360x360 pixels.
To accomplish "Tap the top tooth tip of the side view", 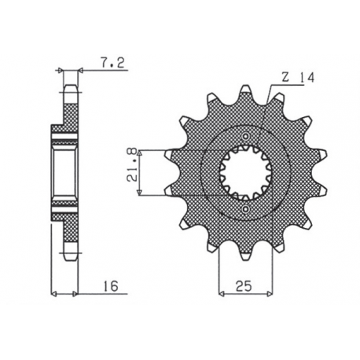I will coord(69,88).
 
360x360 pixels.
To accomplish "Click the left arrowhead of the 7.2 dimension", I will coord(61,70).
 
